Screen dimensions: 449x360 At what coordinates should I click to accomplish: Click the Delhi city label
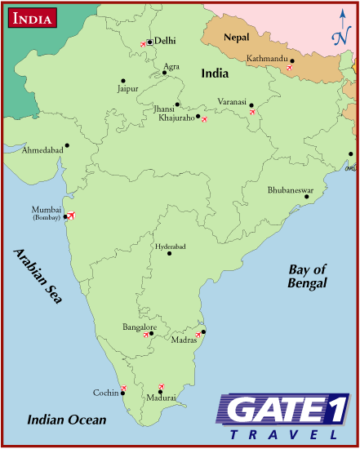pos(166,40)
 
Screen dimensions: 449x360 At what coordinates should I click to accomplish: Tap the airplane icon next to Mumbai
pos(70,216)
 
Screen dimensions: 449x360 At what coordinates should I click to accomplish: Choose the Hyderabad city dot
pos(169,253)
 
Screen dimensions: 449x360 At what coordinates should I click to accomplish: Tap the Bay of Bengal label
pos(307,276)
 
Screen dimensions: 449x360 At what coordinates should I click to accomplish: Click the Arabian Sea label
pos(38,276)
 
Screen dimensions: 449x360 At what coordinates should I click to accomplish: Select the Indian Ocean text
pos(66,420)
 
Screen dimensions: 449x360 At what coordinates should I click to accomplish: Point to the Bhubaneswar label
pos(291,189)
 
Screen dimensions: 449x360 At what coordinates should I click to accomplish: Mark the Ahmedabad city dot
pos(67,145)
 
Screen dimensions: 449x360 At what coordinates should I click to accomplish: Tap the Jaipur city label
pos(128,88)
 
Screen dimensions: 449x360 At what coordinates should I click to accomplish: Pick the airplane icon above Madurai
pos(160,386)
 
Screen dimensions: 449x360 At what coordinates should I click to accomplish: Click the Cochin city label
pos(106,393)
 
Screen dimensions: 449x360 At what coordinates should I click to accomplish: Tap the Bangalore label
pos(138,327)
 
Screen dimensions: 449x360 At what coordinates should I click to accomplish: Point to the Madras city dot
pos(203,331)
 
